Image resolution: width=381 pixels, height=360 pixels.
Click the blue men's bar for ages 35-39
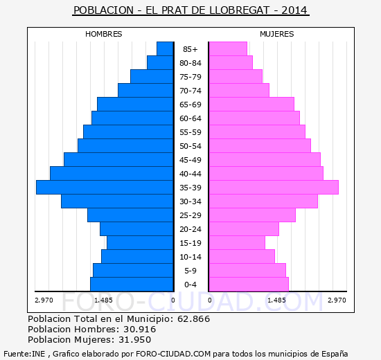click(105, 188)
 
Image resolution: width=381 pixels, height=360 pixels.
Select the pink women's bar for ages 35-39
click(274, 188)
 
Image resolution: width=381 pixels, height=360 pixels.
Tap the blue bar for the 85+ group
click(165, 49)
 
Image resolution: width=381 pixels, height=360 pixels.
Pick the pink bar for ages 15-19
click(237, 243)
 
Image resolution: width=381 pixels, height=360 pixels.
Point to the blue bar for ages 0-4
click(132, 285)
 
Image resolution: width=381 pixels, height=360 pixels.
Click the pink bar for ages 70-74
click(239, 91)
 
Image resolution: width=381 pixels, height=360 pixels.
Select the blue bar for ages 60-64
click(132, 118)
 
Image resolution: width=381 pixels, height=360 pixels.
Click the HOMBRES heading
click(104, 34)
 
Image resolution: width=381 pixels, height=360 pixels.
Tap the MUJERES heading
click(277, 34)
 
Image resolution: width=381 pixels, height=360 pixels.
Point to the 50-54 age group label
click(190, 146)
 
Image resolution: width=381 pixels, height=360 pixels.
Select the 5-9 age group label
click(190, 271)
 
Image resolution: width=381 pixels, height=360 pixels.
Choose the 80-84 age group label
click(190, 63)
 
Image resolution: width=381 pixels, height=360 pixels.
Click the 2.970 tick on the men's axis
click(44, 300)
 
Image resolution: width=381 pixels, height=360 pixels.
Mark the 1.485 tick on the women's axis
click(276, 300)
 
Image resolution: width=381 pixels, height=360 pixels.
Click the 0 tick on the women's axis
click(210, 300)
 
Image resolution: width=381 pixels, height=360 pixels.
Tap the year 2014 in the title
click(294, 10)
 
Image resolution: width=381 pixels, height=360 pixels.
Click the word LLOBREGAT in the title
click(239, 10)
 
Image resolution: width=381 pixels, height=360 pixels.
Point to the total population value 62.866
click(193, 318)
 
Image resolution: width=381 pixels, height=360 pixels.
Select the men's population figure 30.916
click(140, 329)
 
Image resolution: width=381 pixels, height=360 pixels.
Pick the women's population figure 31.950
click(134, 339)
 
